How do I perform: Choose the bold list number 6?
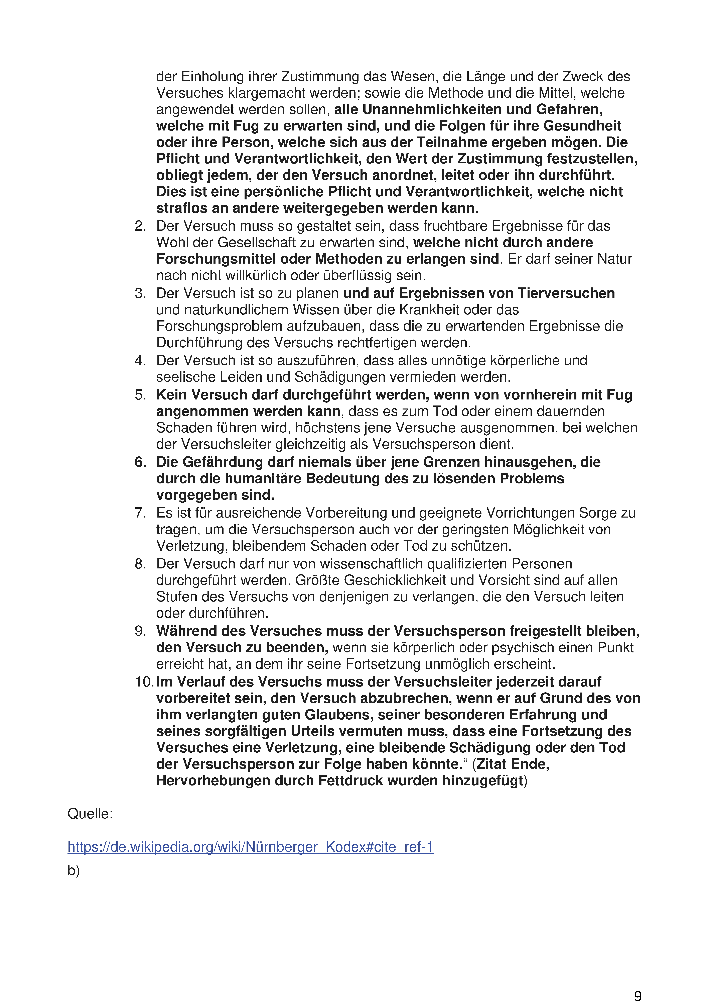140,462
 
